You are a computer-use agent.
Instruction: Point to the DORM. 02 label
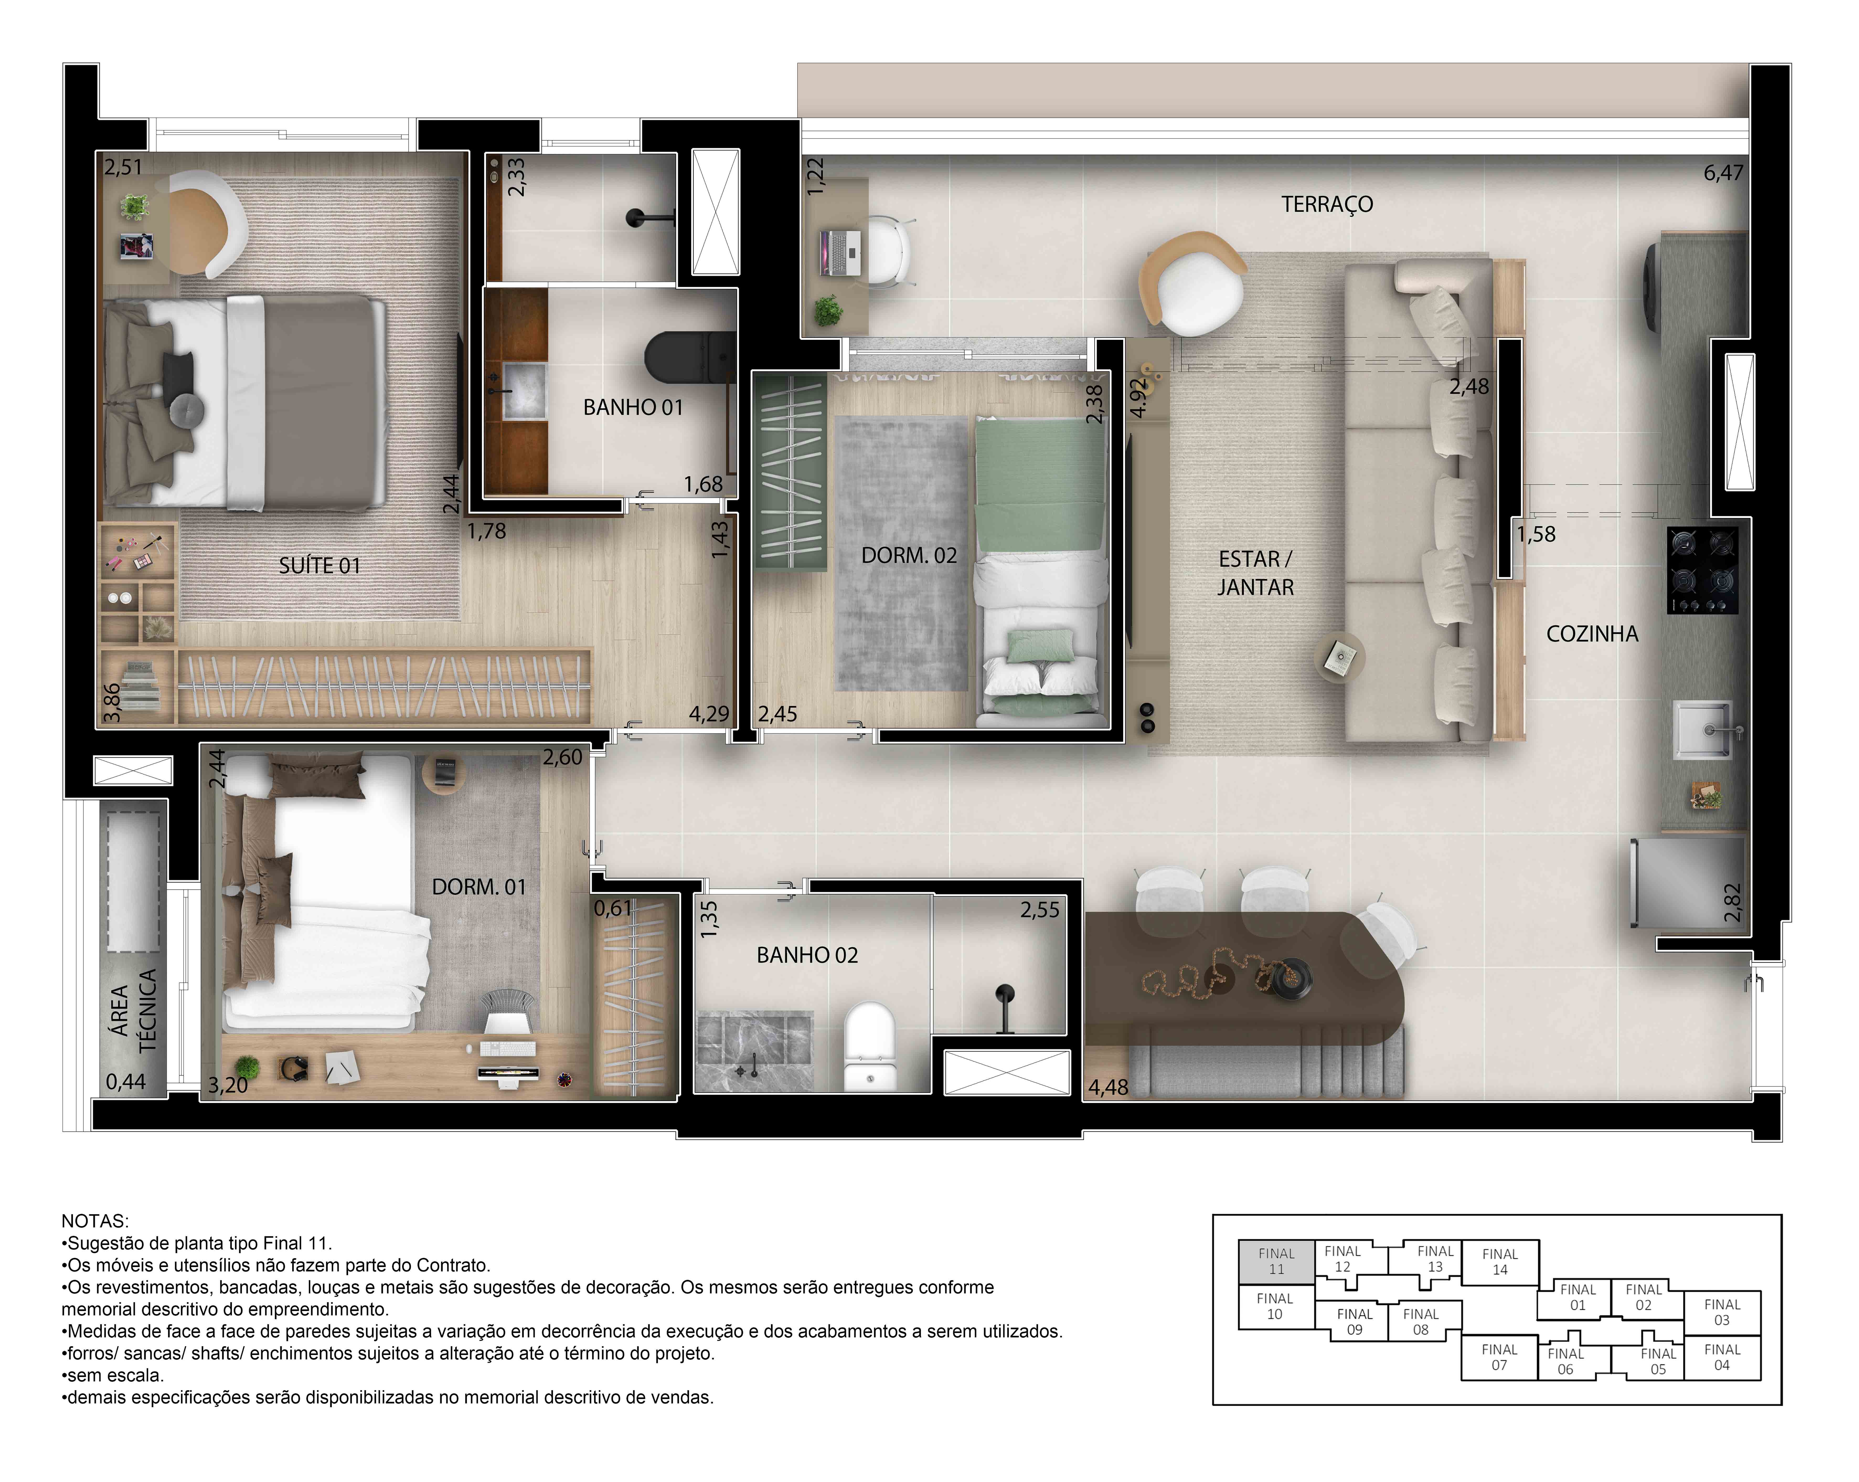click(909, 556)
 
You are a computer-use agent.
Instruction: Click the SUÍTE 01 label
click(319, 566)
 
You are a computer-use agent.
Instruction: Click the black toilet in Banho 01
click(685, 356)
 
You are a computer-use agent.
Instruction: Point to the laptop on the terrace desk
click(840, 253)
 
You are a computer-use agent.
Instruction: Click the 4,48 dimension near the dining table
click(1108, 1087)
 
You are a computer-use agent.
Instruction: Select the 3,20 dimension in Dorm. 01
click(228, 1085)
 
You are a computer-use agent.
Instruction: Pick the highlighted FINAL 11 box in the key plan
click(1275, 1261)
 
